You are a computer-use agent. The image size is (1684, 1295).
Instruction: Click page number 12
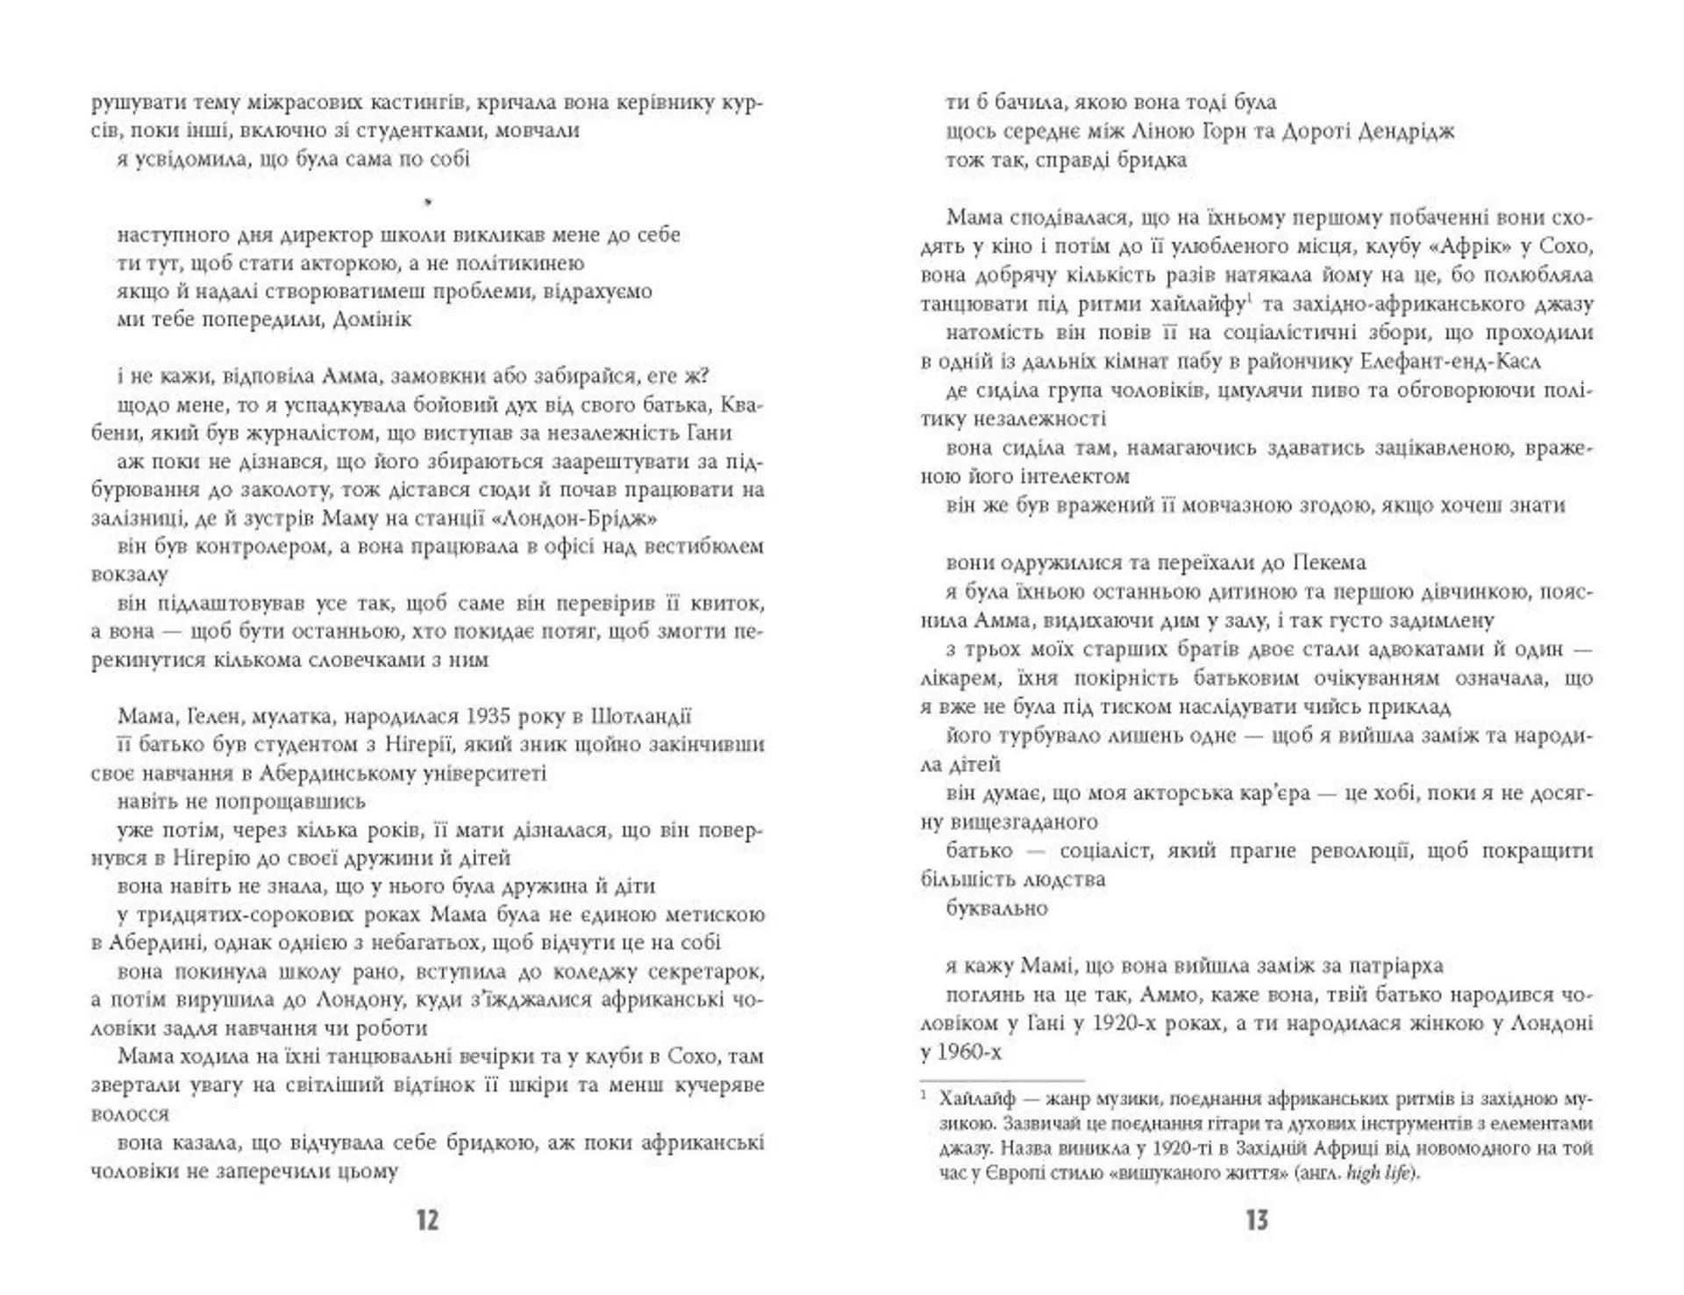point(427,1220)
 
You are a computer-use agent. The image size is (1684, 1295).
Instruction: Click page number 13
point(1257,1220)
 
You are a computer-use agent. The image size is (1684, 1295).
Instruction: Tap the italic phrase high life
point(1378,1173)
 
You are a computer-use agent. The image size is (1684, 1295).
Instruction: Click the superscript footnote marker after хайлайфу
point(1248,299)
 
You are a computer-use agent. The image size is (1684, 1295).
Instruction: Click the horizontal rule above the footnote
point(1002,1081)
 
